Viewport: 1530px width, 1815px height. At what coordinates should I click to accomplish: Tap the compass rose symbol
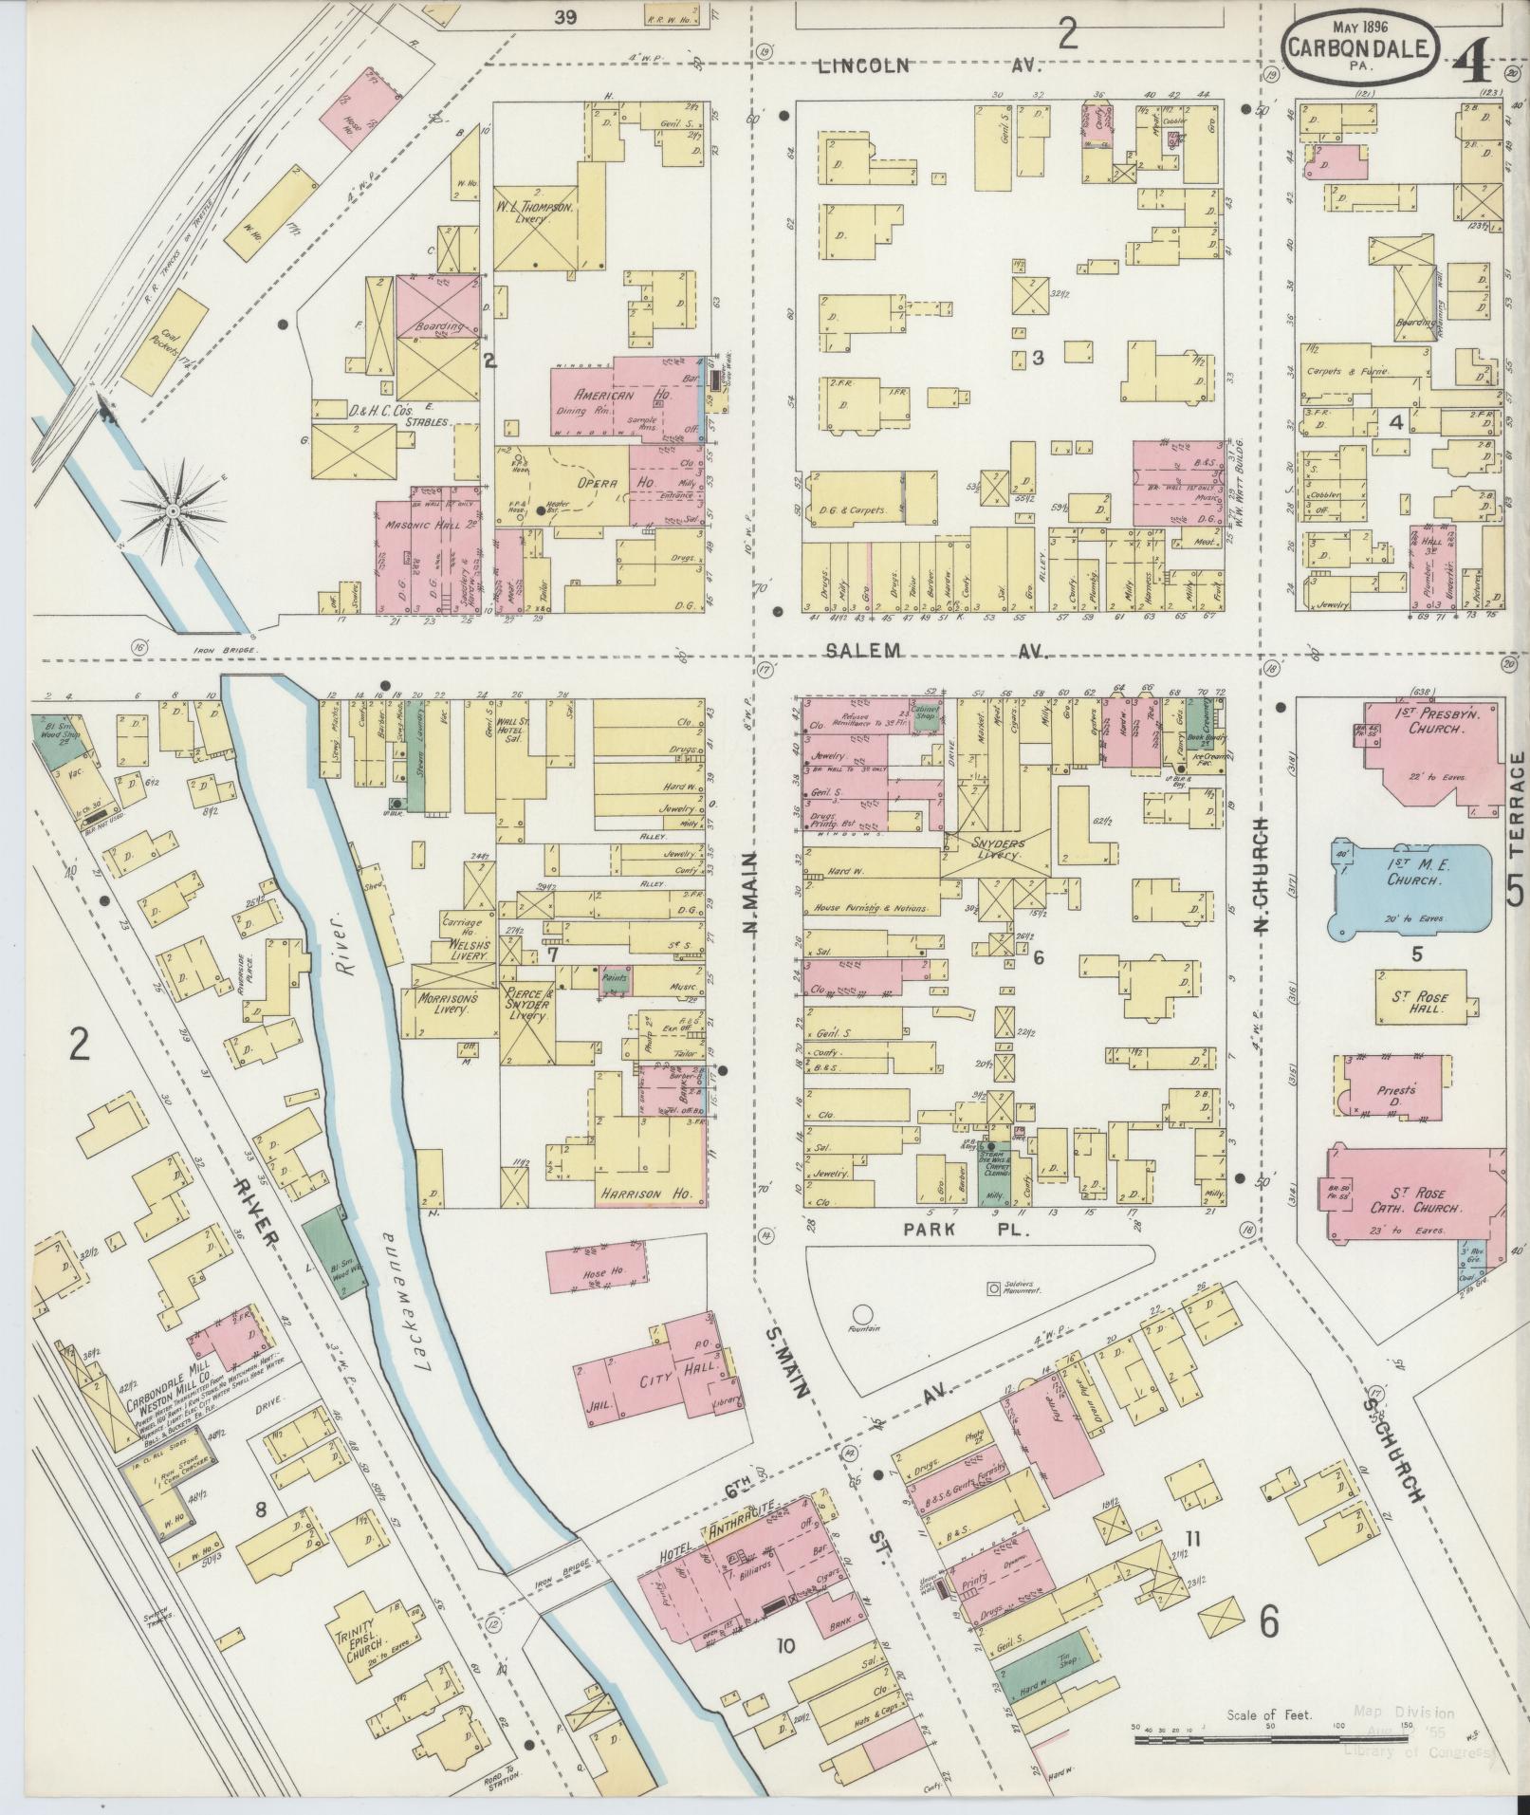tap(174, 511)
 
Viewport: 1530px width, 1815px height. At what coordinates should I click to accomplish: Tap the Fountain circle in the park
tap(862, 1315)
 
